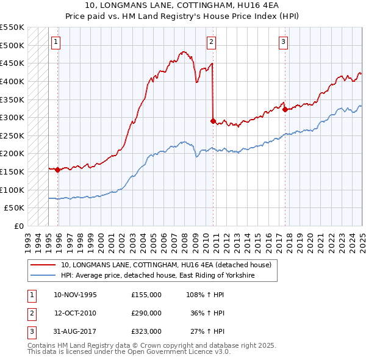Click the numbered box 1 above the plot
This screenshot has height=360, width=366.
[x=56, y=42]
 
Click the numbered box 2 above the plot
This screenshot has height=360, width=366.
[x=210, y=42]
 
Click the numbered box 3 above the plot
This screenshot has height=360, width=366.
[x=284, y=42]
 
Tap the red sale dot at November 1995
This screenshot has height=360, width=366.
[x=58, y=170]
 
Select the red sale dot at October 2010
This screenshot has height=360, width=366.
[x=213, y=121]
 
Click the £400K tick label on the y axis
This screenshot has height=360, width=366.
[x=12, y=81]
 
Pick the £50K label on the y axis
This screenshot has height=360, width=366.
[x=15, y=207]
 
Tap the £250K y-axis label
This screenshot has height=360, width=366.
[x=12, y=135]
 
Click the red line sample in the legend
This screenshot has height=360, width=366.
[x=43, y=265]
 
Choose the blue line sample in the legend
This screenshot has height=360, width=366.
[x=43, y=276]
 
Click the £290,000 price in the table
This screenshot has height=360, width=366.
[x=146, y=313]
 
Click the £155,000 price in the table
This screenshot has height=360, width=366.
[x=146, y=295]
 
